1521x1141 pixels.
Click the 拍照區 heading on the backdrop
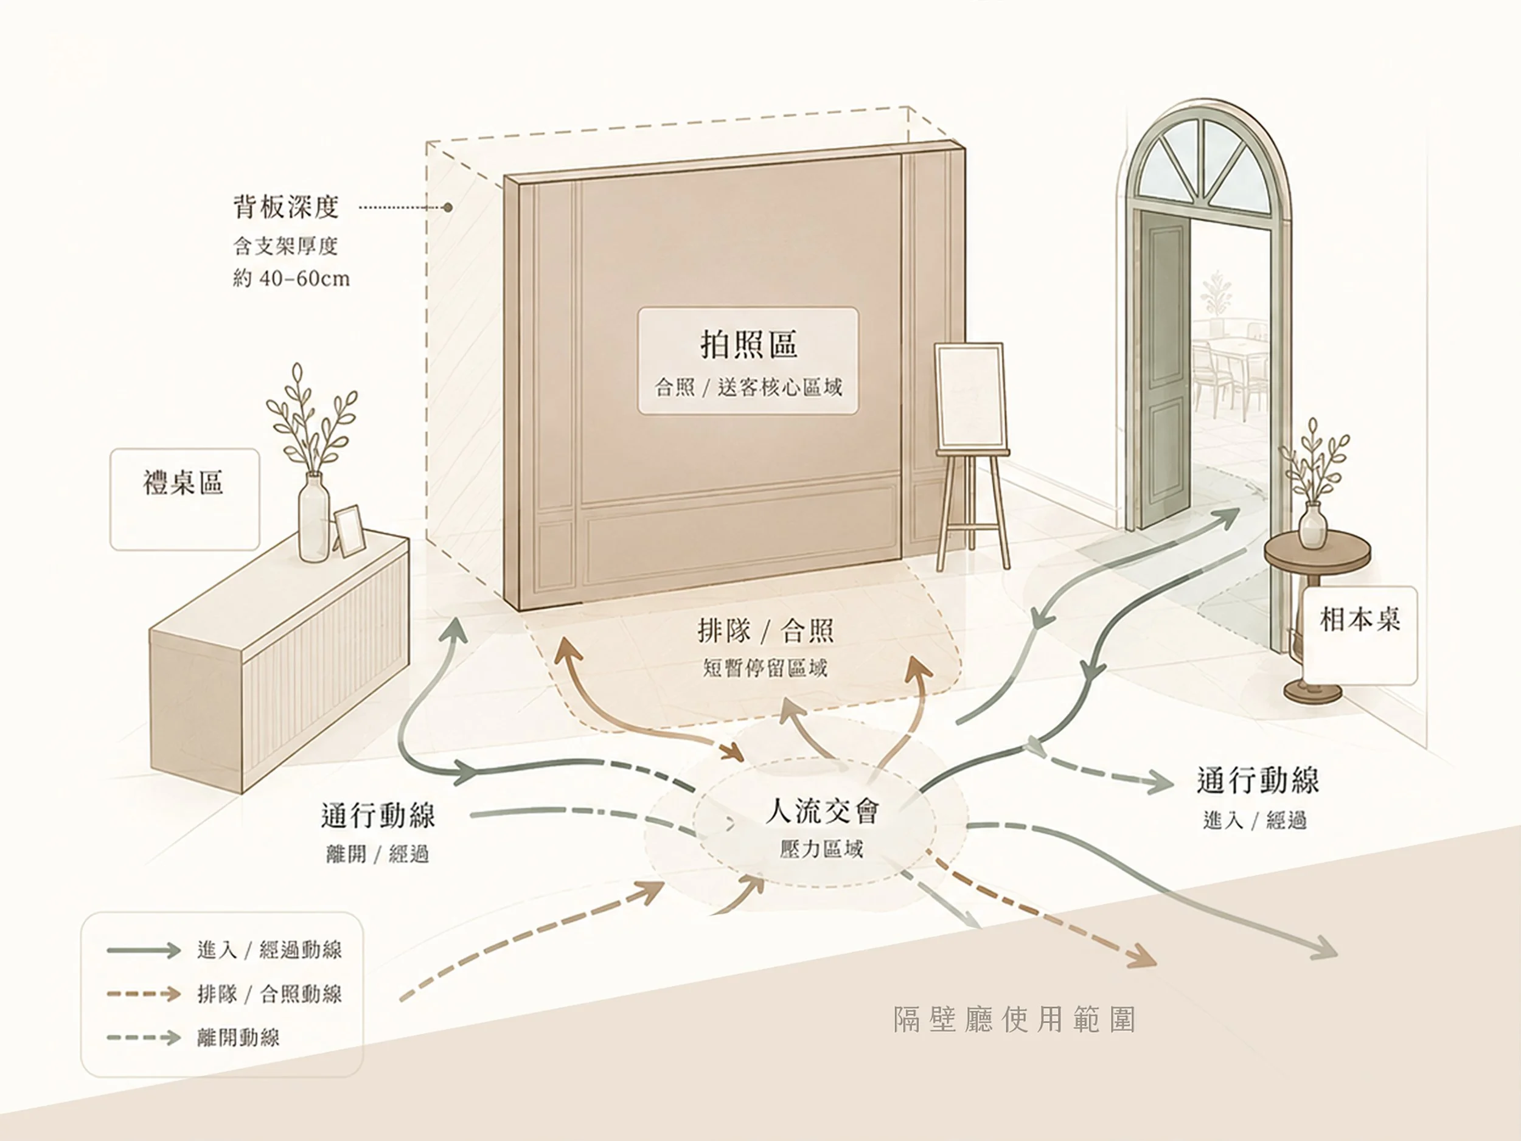click(748, 344)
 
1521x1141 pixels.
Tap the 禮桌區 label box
click(184, 499)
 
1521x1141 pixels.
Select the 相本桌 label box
click(1359, 635)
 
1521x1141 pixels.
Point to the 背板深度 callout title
click(286, 207)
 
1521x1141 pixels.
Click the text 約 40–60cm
click(291, 279)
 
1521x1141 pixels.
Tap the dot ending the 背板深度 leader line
click(448, 207)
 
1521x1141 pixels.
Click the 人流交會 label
click(822, 812)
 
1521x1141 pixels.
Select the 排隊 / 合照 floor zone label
click(765, 630)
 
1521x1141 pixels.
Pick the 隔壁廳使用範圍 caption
click(1014, 1020)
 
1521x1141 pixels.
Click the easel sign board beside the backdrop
click(968, 397)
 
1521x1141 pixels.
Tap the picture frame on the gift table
click(348, 532)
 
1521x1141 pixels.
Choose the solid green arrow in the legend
click(143, 951)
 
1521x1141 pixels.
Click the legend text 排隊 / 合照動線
click(269, 994)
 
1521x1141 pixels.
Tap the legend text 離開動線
click(238, 1037)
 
